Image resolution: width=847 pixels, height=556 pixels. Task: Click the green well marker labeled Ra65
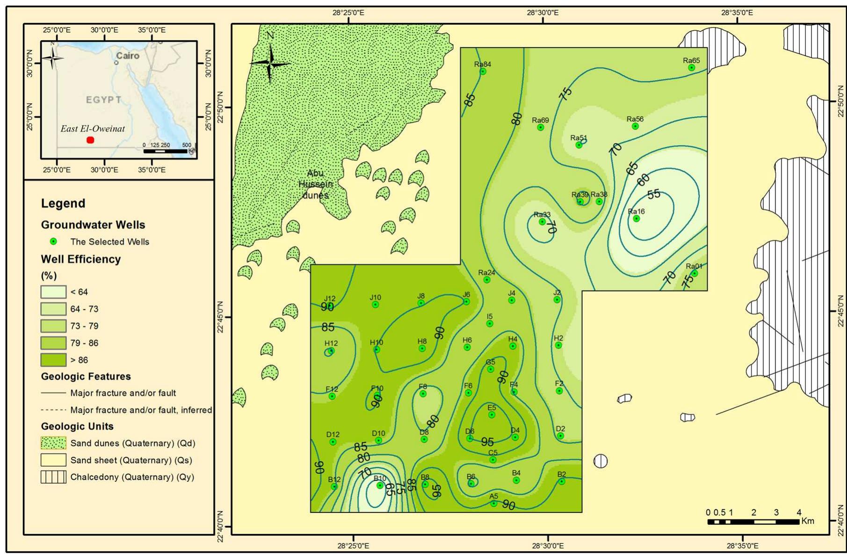(x=691, y=68)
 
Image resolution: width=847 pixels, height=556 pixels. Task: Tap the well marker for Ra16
(x=636, y=218)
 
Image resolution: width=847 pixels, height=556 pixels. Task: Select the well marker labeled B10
(x=380, y=485)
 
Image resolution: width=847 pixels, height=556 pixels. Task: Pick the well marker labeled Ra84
(x=483, y=71)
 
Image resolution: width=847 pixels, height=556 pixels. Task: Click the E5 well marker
(x=492, y=414)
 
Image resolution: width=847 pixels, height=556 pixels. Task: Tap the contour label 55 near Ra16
(x=654, y=194)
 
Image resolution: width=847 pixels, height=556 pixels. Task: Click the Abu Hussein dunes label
(x=315, y=184)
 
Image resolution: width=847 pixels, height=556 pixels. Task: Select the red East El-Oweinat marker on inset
(x=90, y=140)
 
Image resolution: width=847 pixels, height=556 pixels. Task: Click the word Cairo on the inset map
(x=127, y=56)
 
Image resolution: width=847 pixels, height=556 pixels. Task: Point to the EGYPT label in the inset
(x=103, y=100)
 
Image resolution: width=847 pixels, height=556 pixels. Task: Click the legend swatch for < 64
(x=53, y=292)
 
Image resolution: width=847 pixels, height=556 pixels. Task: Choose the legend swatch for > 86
(x=53, y=360)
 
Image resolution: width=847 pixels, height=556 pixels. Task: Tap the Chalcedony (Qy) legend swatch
(x=53, y=477)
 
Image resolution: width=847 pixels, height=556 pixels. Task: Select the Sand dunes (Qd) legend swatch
(x=53, y=443)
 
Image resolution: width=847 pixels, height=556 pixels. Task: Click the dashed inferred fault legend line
(x=53, y=410)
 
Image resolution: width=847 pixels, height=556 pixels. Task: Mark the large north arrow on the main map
(x=270, y=63)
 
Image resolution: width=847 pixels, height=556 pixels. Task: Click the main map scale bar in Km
(x=753, y=521)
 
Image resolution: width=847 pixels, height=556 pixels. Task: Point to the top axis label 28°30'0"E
(x=542, y=13)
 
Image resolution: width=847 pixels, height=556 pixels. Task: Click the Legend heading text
(x=63, y=203)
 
